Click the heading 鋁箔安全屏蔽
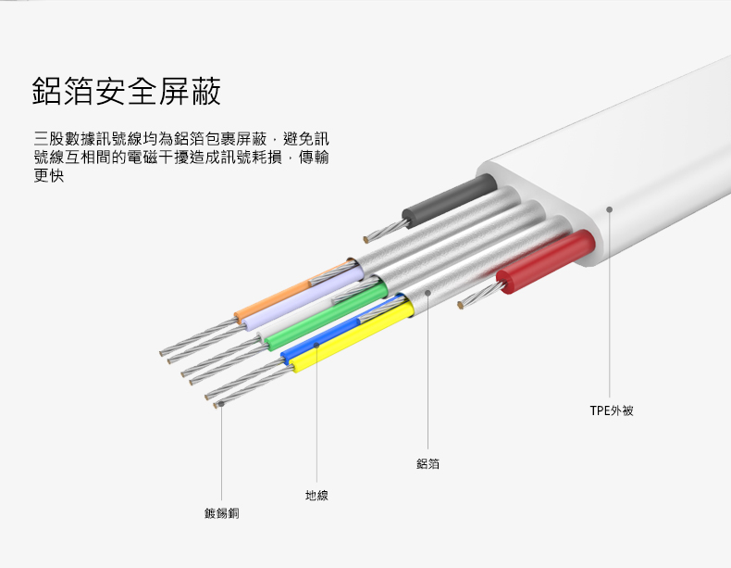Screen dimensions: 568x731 coord(127,93)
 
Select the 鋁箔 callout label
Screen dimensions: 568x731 coord(427,463)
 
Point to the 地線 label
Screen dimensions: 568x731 coord(316,496)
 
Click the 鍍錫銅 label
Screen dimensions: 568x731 coord(221,512)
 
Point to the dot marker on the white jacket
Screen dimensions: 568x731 coord(610,209)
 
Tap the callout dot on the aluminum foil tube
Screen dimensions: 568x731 coord(428,293)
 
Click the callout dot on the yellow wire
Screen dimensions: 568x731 coord(316,345)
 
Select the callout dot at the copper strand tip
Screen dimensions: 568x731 coord(221,404)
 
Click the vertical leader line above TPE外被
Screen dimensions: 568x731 coord(610,306)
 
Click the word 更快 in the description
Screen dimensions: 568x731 coord(48,174)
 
